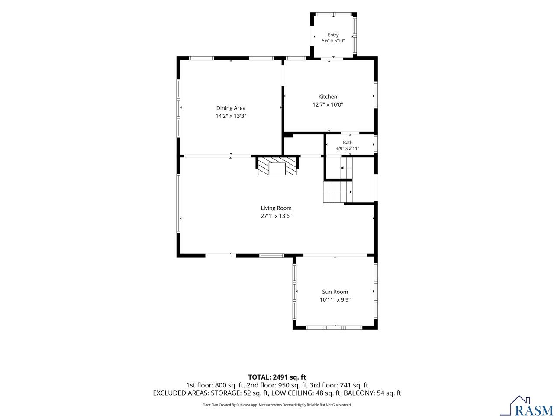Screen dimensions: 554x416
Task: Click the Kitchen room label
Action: (x=327, y=97)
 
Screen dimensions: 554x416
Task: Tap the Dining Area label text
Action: (x=230, y=108)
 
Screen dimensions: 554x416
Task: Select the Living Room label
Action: (x=276, y=208)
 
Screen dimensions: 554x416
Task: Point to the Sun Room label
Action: (x=335, y=292)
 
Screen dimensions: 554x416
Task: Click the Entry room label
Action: (x=333, y=35)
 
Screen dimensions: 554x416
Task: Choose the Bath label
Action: (x=347, y=143)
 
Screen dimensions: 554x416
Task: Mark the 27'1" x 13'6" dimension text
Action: (x=276, y=216)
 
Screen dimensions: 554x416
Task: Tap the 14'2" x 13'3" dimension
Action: (x=230, y=116)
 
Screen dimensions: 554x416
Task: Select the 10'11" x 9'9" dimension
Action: (x=335, y=300)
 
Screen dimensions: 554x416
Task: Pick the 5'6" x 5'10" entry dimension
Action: (x=333, y=41)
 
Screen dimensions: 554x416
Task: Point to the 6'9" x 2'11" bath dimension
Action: (x=347, y=149)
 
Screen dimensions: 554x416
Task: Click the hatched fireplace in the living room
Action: (x=277, y=166)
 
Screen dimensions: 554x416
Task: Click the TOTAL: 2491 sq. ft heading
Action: (x=277, y=377)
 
